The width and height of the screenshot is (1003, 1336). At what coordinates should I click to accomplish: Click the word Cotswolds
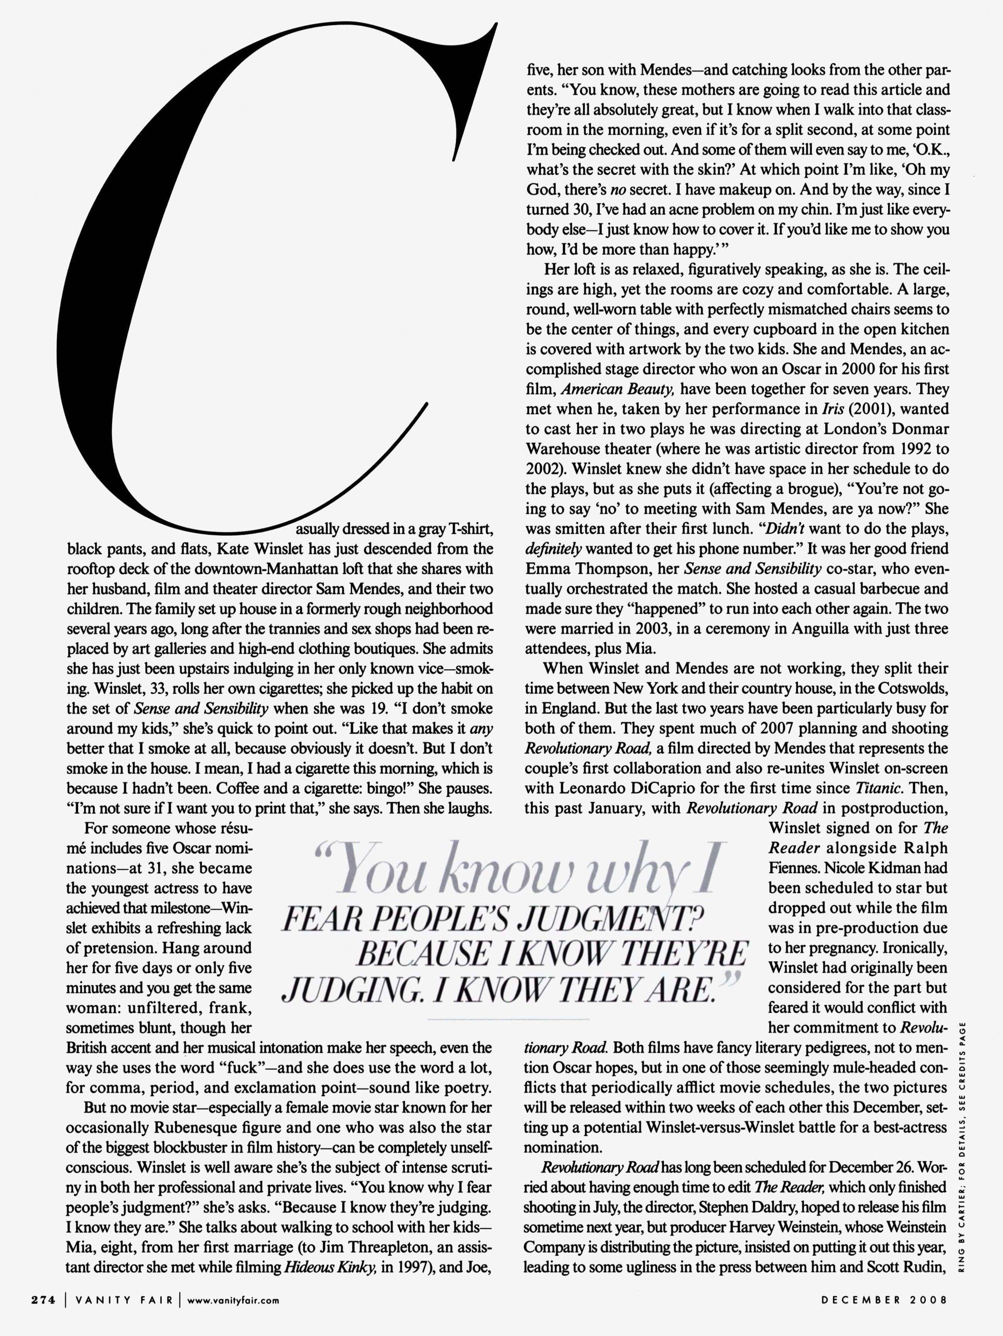pyautogui.click(x=909, y=688)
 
